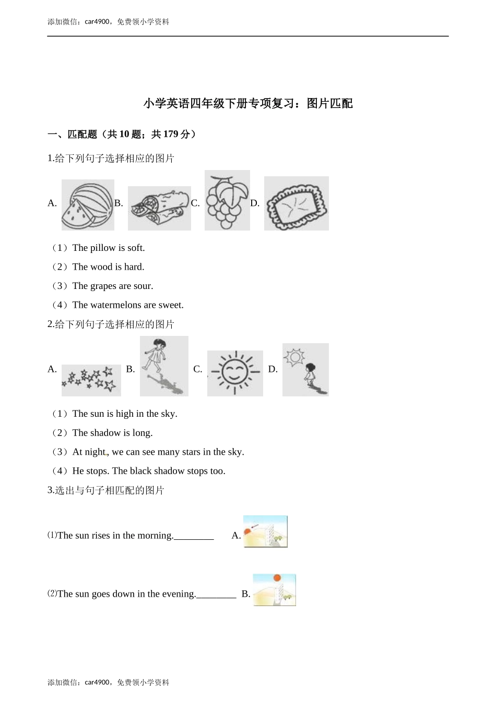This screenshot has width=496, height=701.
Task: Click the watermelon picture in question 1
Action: point(88,205)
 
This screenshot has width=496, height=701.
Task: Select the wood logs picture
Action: point(159,208)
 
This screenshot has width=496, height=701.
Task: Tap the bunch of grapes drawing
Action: point(227,200)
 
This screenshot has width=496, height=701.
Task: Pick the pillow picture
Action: point(296,203)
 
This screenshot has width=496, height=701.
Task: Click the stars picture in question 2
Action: point(91,380)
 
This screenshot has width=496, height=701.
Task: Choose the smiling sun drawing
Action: point(235,373)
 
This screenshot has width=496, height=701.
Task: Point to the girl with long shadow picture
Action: point(164,366)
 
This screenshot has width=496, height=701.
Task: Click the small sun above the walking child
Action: point(294,357)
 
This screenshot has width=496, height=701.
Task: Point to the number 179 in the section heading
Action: point(171,135)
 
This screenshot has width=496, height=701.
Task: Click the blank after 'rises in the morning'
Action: point(194,536)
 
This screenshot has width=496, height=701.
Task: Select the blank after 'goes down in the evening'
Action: point(216,595)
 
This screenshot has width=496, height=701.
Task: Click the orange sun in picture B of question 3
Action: point(277,578)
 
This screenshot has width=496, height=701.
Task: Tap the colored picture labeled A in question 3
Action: point(265,531)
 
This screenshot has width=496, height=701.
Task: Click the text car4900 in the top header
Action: point(97,22)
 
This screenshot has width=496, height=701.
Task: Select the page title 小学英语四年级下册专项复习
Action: point(219,104)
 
